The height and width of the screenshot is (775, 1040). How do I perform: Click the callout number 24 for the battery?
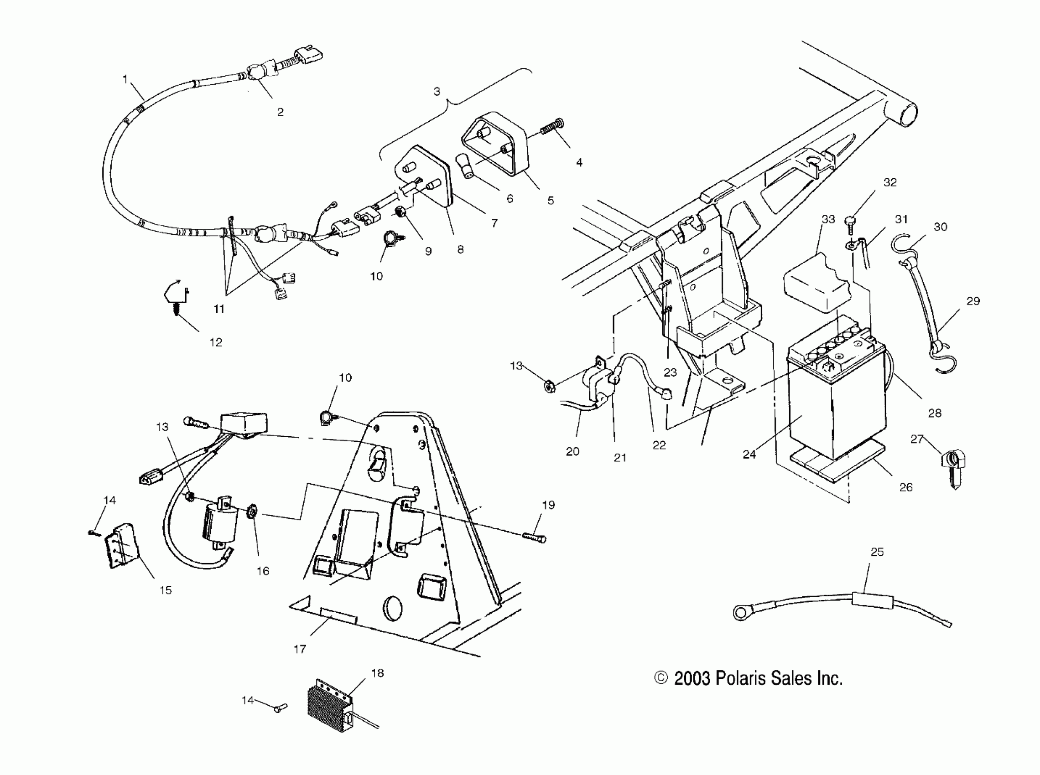[x=749, y=454]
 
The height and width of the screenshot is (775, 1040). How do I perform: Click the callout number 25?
[x=877, y=552]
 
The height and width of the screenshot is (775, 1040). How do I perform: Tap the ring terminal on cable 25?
[x=741, y=612]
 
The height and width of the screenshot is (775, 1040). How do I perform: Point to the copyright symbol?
[x=661, y=678]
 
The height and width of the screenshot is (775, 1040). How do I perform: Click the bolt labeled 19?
[x=534, y=537]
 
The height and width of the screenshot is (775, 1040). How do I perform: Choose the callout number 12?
[x=215, y=342]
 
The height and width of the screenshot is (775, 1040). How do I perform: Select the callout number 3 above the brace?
[x=437, y=92]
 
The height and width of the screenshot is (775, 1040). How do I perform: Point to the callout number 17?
[x=299, y=649]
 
